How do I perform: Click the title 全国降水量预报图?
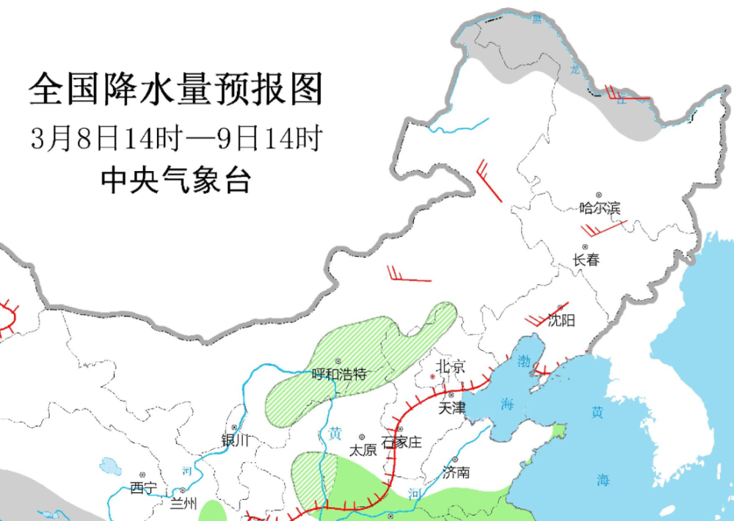click(x=176, y=90)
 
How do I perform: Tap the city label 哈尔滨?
click(x=600, y=208)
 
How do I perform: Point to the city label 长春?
click(x=586, y=260)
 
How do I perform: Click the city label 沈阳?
click(x=562, y=320)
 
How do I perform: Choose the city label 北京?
click(x=450, y=367)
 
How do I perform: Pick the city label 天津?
click(x=451, y=407)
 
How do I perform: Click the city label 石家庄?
click(x=402, y=442)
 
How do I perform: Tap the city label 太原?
click(x=363, y=450)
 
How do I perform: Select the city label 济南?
click(x=456, y=473)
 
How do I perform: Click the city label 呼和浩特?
click(x=338, y=374)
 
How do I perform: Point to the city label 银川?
click(x=236, y=440)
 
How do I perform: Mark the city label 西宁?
click(x=143, y=487)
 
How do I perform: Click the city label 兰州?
click(x=183, y=503)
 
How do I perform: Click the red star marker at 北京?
click(x=432, y=376)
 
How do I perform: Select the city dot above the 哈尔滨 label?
click(x=599, y=195)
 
